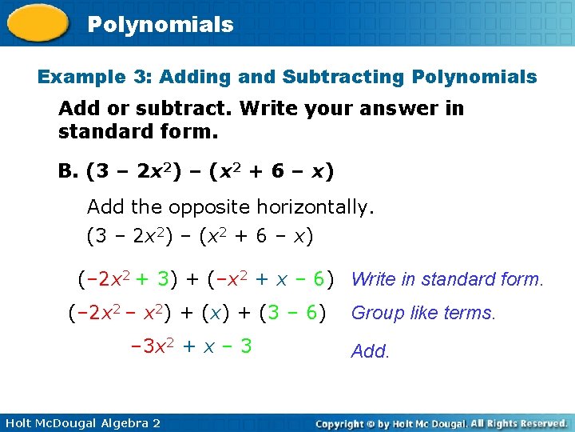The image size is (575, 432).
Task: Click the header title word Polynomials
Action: tap(160, 25)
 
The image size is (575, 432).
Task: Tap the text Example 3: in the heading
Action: tap(95, 78)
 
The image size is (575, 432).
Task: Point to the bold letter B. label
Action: tap(69, 172)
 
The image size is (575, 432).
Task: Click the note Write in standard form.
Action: tap(447, 279)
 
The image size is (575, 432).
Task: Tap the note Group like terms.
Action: tap(423, 314)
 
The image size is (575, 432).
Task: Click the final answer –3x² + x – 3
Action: tap(191, 346)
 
